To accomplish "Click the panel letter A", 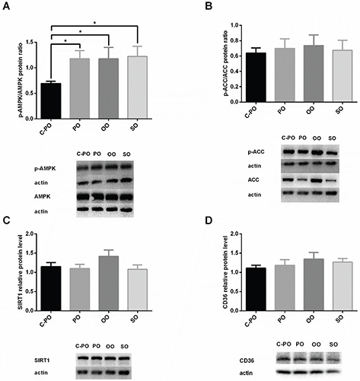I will pos(5,7).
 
